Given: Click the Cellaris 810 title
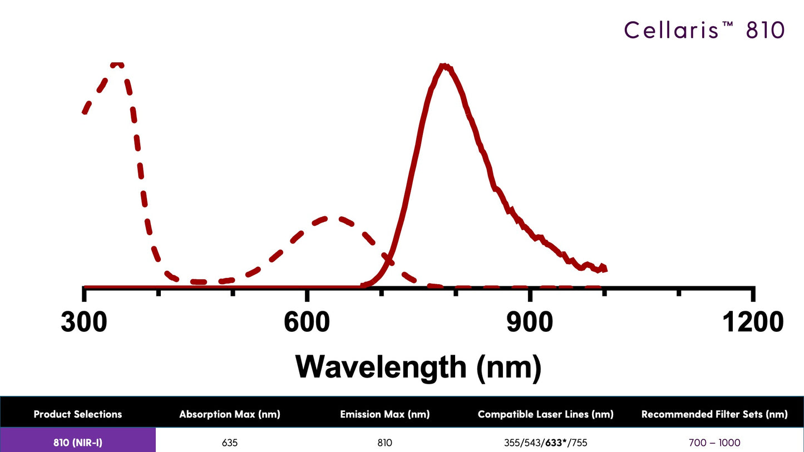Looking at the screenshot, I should point(704,29).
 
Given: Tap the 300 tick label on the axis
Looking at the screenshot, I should point(84,322).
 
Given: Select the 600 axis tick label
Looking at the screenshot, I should point(307,322).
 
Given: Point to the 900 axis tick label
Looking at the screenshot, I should point(529,322).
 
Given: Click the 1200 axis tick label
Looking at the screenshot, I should point(753,322).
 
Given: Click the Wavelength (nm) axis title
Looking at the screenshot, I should point(418,366).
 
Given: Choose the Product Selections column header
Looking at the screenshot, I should point(78,414).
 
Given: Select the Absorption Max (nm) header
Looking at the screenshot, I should point(229,414).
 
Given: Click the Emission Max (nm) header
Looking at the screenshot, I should point(384,414).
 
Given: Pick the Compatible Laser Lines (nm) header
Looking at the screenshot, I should point(545,414).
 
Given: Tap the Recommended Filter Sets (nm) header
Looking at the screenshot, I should point(714,414).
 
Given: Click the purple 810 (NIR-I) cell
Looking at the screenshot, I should point(78,443).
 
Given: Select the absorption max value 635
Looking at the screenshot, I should point(229,443).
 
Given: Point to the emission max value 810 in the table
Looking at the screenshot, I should point(384,443).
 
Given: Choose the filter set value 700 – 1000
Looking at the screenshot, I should point(714,443).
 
